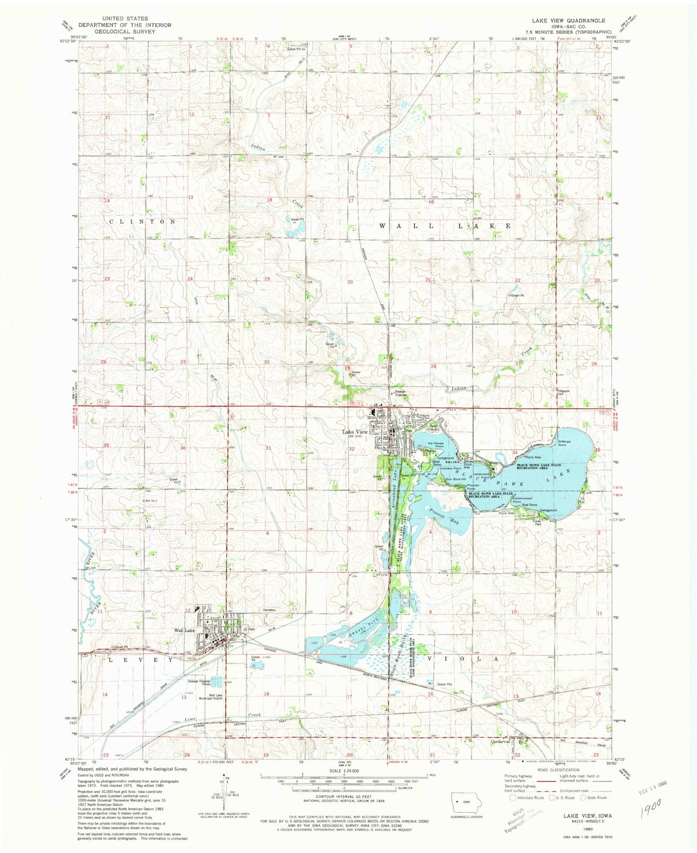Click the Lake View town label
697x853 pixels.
click(355, 432)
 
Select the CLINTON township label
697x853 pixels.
click(142, 221)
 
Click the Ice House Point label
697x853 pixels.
click(433, 445)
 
